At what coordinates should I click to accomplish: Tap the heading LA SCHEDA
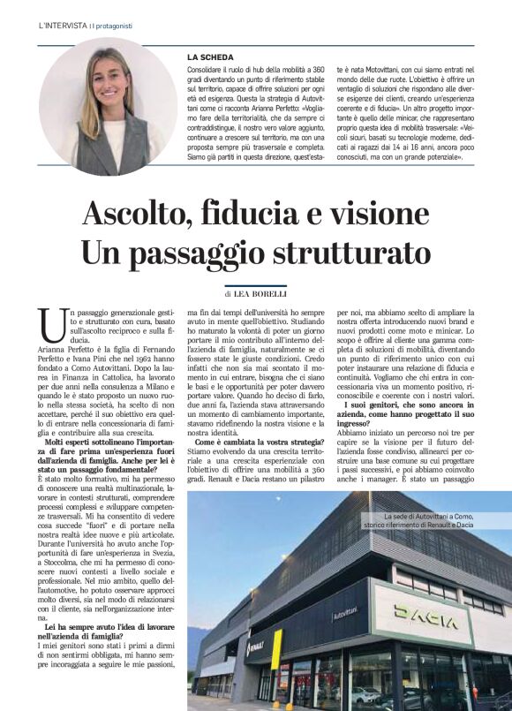click(210, 57)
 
